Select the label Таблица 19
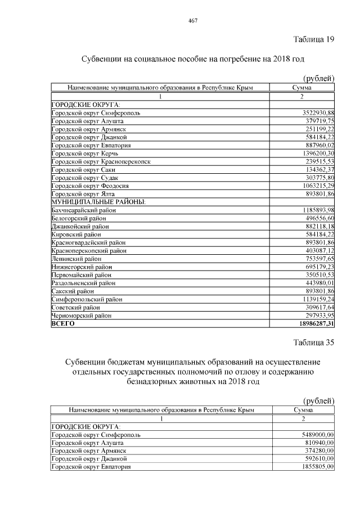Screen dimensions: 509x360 pyautogui.click(x=314, y=39)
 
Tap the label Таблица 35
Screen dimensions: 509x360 pyautogui.click(x=314, y=343)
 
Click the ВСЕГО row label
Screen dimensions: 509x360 pyautogui.click(x=62, y=324)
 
